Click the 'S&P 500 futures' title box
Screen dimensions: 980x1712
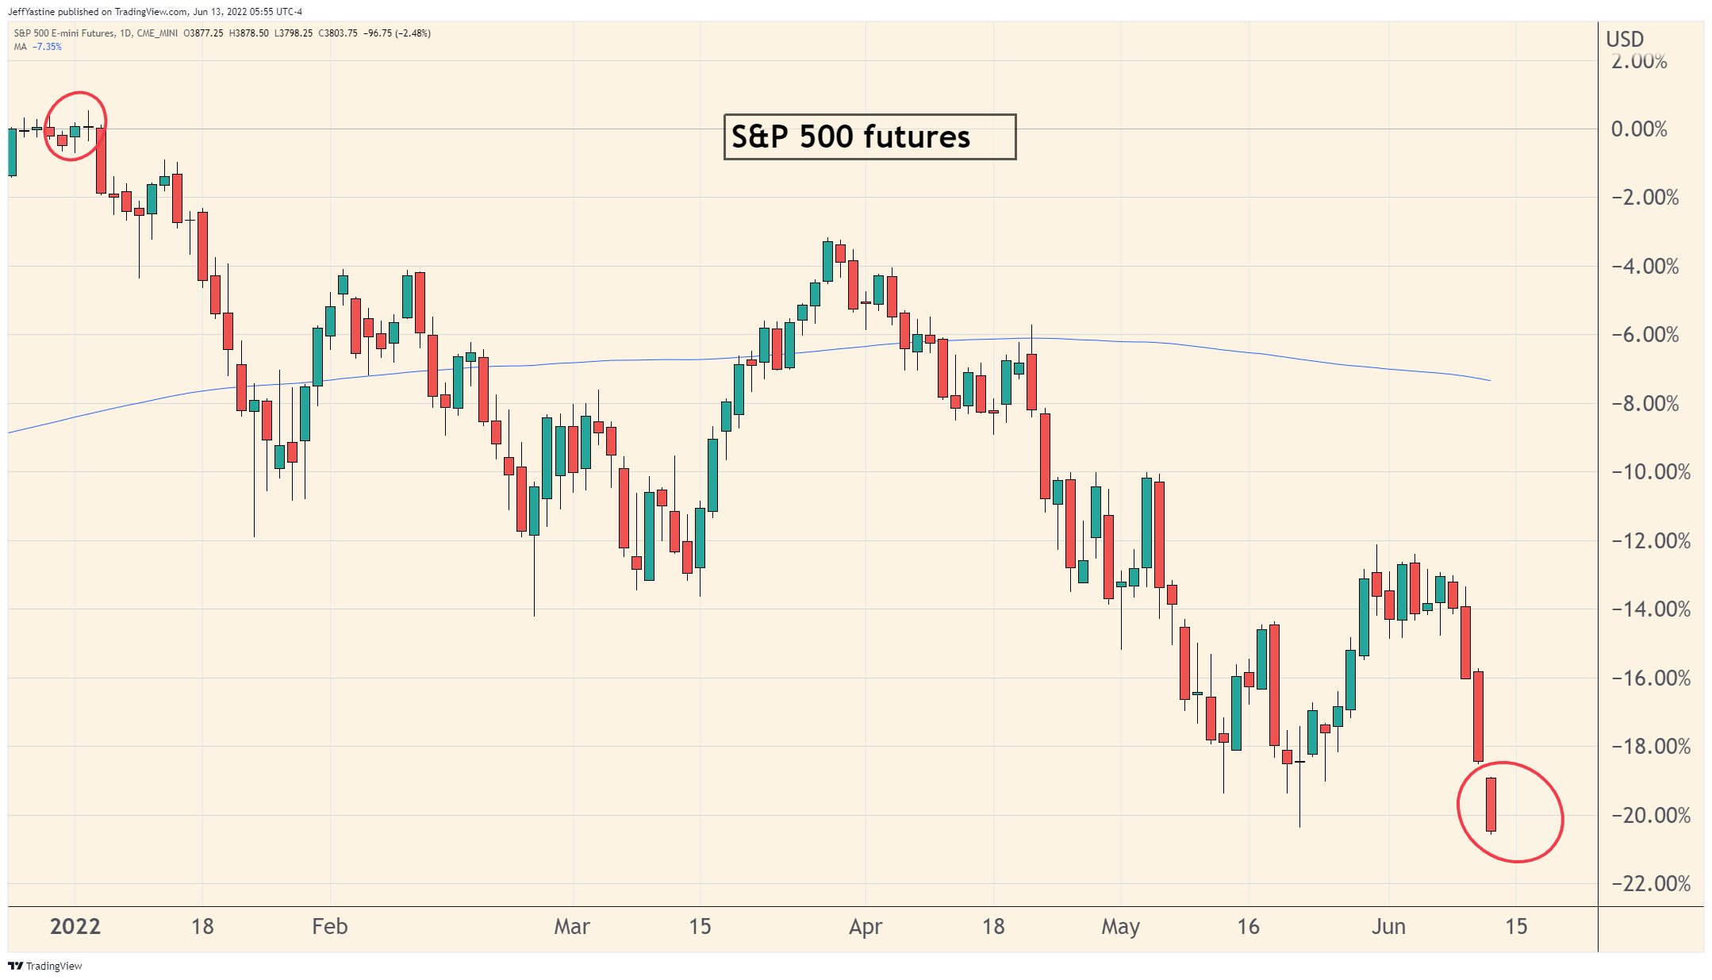click(869, 136)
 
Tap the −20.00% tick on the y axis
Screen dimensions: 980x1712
click(1650, 815)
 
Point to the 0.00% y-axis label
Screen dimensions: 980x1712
click(1639, 129)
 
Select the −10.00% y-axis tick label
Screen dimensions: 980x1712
click(1650, 472)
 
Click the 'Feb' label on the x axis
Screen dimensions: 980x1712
click(329, 926)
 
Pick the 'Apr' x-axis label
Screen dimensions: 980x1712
click(866, 926)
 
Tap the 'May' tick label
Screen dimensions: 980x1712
click(1120, 926)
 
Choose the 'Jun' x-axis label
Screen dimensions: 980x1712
click(1388, 926)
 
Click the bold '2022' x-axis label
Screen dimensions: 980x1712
click(75, 926)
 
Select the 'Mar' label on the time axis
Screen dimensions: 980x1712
click(572, 926)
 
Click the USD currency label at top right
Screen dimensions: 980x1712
click(1625, 39)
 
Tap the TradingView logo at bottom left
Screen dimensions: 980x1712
click(45, 966)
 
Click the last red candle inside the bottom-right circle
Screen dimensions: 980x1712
click(1491, 804)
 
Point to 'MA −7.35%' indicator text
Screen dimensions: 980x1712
click(37, 47)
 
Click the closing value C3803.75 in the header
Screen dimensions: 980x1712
click(338, 33)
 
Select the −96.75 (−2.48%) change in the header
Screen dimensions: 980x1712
click(397, 33)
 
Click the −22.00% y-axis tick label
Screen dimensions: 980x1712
click(1650, 883)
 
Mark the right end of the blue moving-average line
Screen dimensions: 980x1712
click(1489, 380)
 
